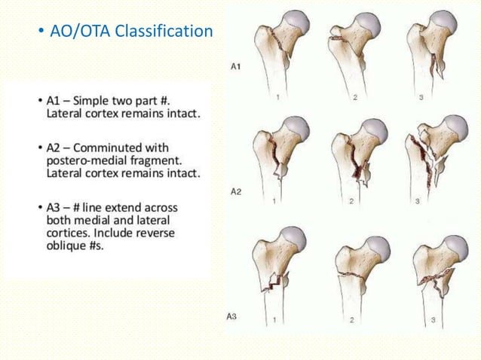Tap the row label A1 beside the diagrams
(x=235, y=67)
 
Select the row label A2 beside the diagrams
(x=235, y=192)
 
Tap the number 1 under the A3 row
(x=276, y=320)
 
